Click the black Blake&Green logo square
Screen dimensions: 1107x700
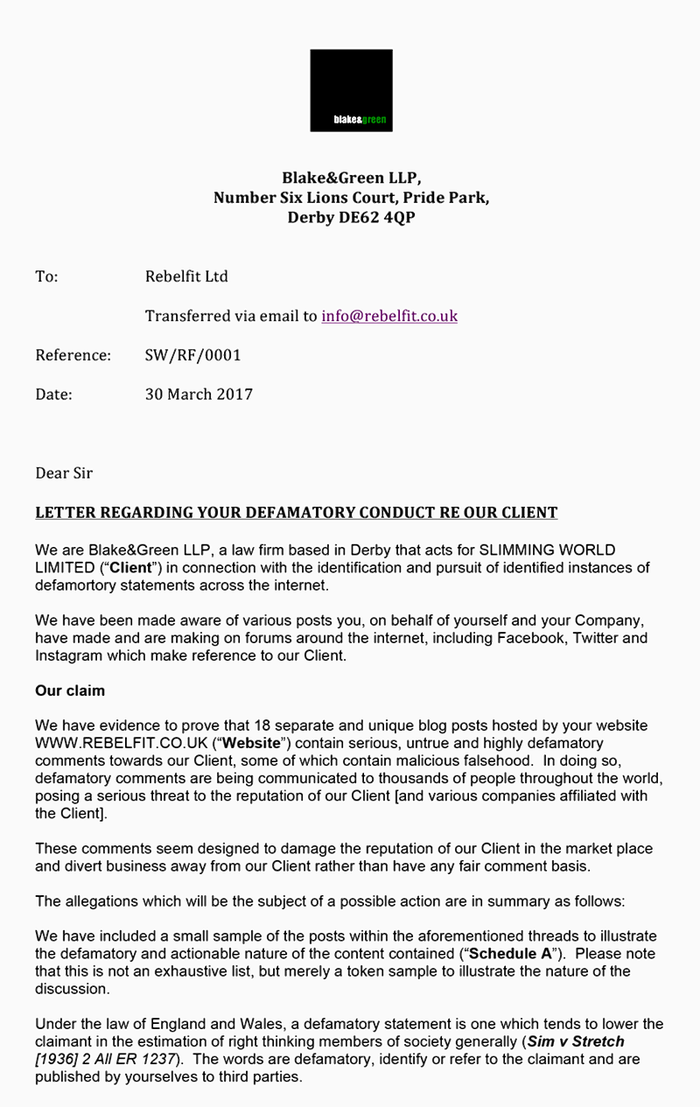(351, 90)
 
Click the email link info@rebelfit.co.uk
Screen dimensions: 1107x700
(389, 316)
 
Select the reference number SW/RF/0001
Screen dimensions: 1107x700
(192, 355)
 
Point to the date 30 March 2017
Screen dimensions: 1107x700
(199, 394)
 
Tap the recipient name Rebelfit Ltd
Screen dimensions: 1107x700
(186, 277)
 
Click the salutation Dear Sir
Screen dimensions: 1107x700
(64, 473)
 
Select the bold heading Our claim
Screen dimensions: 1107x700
(70, 690)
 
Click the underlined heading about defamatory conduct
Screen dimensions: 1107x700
(296, 512)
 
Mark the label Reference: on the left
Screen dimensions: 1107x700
(73, 355)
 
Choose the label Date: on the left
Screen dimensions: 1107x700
(53, 394)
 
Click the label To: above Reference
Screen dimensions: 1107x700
(46, 277)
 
